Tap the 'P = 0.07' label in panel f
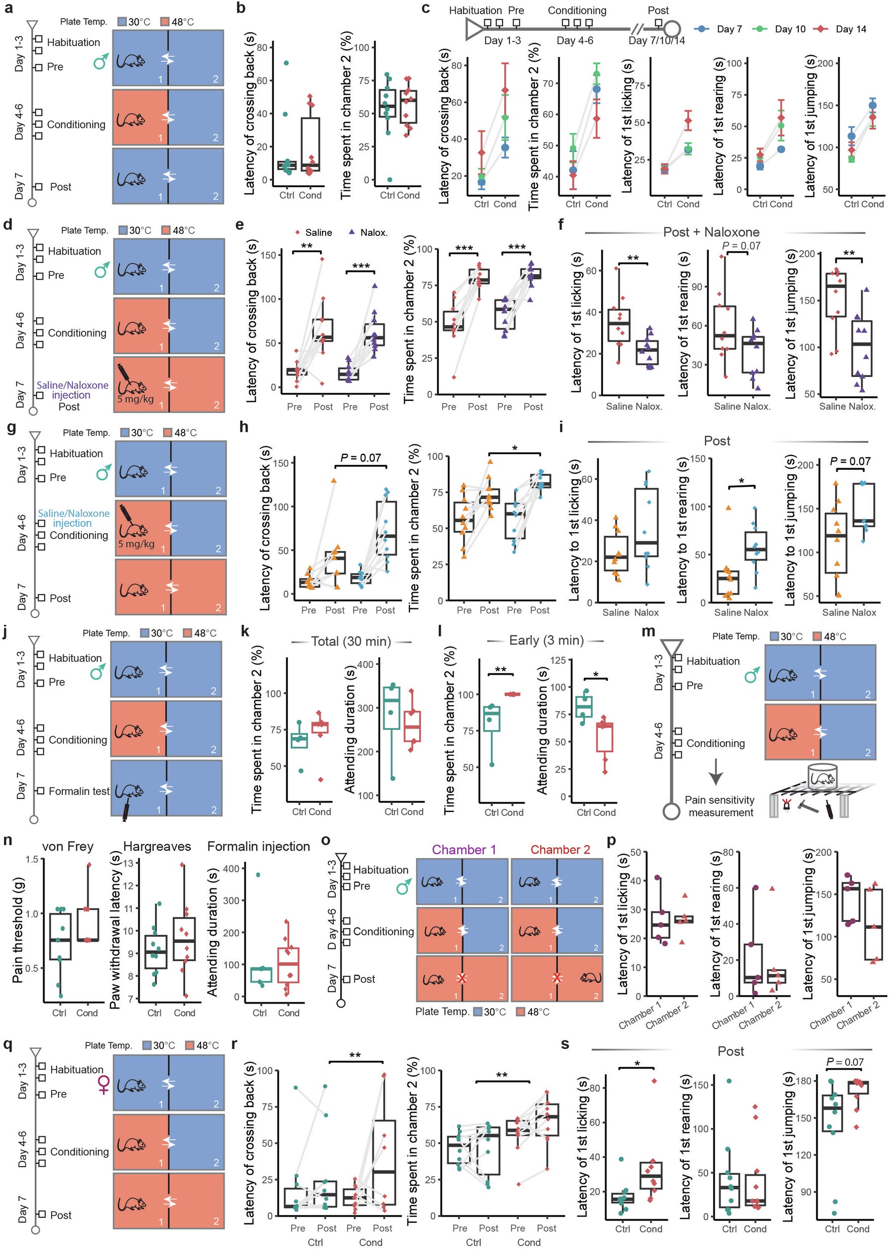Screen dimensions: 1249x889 click(741, 246)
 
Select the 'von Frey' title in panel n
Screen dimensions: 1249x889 click(68, 847)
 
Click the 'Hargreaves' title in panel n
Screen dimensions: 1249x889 click(157, 847)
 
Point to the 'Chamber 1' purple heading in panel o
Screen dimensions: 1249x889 click(464, 849)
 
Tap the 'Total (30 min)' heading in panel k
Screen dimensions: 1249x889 click(351, 641)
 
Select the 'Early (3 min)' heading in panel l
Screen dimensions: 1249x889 click(546, 640)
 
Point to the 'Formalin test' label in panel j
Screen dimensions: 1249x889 click(79, 791)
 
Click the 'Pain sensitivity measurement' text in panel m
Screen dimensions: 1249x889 click(720, 807)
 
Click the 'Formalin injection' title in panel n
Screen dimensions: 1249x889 click(259, 847)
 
